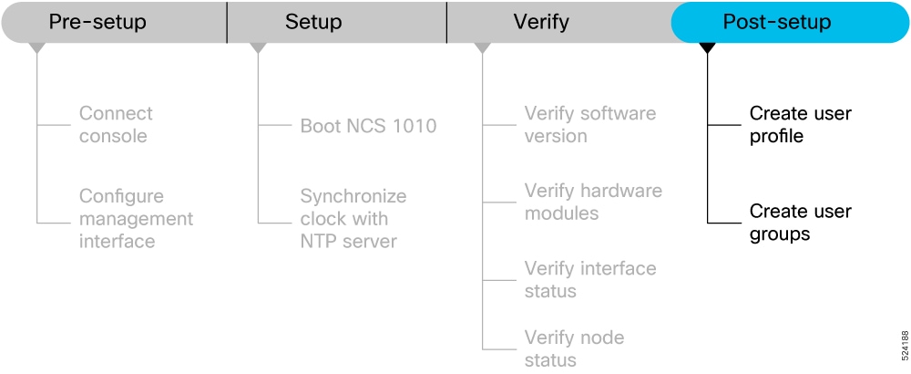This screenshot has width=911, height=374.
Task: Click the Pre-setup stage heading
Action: [x=97, y=22]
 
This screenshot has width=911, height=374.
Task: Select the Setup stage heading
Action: [x=313, y=22]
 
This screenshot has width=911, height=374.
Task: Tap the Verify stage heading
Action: [x=541, y=22]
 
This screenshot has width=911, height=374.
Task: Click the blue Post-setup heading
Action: [x=777, y=22]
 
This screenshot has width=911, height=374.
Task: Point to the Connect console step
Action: [x=116, y=124]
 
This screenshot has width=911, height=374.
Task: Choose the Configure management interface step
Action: [x=136, y=218]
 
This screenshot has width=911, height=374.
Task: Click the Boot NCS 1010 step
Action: [x=368, y=126]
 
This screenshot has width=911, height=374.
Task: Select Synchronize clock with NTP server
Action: [x=353, y=218]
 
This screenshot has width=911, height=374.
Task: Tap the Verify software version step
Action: [x=590, y=124]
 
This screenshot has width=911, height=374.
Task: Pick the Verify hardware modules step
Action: [x=593, y=202]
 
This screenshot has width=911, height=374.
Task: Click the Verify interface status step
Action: [x=590, y=279]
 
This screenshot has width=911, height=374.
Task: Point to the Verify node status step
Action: [x=574, y=348]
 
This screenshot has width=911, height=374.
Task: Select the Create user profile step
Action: [x=800, y=124]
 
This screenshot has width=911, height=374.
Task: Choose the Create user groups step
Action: [x=800, y=223]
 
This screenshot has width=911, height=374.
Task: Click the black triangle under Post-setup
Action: [x=707, y=48]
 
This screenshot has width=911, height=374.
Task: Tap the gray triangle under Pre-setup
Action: [x=36, y=48]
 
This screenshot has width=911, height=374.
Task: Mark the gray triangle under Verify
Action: [x=482, y=48]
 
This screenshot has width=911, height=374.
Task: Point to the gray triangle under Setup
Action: [x=258, y=48]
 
